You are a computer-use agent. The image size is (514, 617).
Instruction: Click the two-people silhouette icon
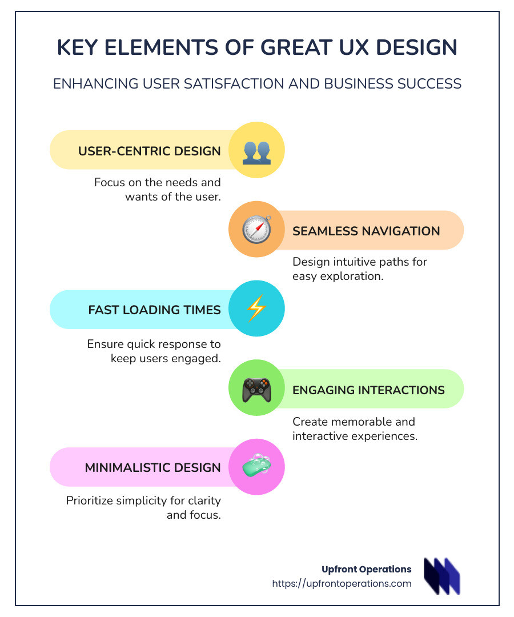coord(256,153)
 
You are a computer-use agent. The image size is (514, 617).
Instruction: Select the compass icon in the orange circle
coord(256,230)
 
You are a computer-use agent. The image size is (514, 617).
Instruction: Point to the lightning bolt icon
coord(256,308)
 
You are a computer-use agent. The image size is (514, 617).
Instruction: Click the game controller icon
coord(256,390)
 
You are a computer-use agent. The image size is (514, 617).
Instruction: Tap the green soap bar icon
coord(257,465)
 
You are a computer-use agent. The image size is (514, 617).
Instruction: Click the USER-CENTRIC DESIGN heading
coord(150,151)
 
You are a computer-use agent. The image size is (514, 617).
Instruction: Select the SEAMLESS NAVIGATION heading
coord(366,231)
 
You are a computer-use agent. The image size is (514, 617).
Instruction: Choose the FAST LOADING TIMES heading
coord(155,310)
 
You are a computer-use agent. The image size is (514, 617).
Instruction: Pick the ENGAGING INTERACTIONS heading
coord(368,390)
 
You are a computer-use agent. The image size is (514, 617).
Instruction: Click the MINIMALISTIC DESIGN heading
coord(153,467)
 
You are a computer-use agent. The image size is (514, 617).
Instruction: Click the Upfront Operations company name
coord(367,569)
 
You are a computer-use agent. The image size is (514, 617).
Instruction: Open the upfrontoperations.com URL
coord(342,583)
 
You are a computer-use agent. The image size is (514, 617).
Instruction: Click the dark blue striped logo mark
coord(441,576)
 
